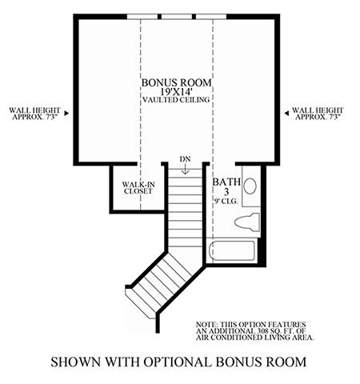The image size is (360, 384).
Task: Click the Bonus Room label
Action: pyautogui.click(x=176, y=82)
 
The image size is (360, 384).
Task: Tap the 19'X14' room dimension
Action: pyautogui.click(x=176, y=92)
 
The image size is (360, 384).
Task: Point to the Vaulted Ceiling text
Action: pyautogui.click(x=176, y=100)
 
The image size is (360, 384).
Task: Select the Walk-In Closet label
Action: pyautogui.click(x=138, y=188)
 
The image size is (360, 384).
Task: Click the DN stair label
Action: pyautogui.click(x=185, y=159)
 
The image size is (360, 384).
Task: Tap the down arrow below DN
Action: pyautogui.click(x=185, y=169)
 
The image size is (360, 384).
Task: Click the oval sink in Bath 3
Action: pyautogui.click(x=250, y=186)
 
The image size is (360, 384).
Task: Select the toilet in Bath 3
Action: pyautogui.click(x=247, y=222)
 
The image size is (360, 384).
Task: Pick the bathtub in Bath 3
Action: pyautogui.click(x=232, y=250)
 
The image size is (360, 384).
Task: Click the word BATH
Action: pyautogui.click(x=226, y=182)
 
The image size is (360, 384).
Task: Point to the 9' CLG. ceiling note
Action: pyautogui.click(x=226, y=202)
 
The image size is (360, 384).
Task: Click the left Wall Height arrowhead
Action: pyautogui.click(x=66, y=113)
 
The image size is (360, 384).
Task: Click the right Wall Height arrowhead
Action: pyautogui.click(x=286, y=113)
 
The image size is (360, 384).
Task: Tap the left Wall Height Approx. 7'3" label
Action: pyautogui.click(x=34, y=114)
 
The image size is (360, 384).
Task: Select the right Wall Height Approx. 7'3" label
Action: pyautogui.click(x=318, y=114)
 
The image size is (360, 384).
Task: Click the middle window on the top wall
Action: pyautogui.click(x=177, y=17)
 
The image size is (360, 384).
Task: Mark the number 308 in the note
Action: pyautogui.click(x=260, y=331)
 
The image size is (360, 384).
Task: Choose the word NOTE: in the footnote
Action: pyautogui.click(x=207, y=325)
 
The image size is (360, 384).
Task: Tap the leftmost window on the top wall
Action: pyautogui.click(x=142, y=17)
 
